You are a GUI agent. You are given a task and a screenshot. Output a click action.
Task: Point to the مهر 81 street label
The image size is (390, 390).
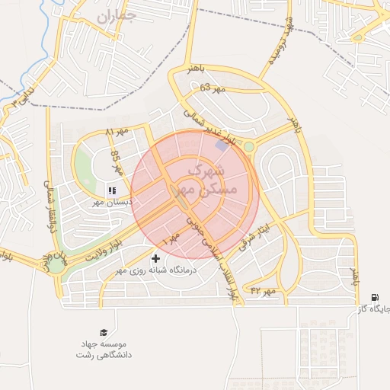tap(117, 134)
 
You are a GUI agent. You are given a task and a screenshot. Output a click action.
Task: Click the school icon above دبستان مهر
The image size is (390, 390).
tap(111, 190)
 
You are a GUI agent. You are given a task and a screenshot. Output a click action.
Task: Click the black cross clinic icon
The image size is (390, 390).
tap(157, 260)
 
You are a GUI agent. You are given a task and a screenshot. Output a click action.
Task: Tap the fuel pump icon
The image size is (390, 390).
tap(374, 298)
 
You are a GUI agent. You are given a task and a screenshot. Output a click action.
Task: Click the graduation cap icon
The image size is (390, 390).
tap(103, 332)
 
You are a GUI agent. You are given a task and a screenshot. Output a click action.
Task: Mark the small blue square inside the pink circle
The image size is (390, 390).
tap(222, 145)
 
